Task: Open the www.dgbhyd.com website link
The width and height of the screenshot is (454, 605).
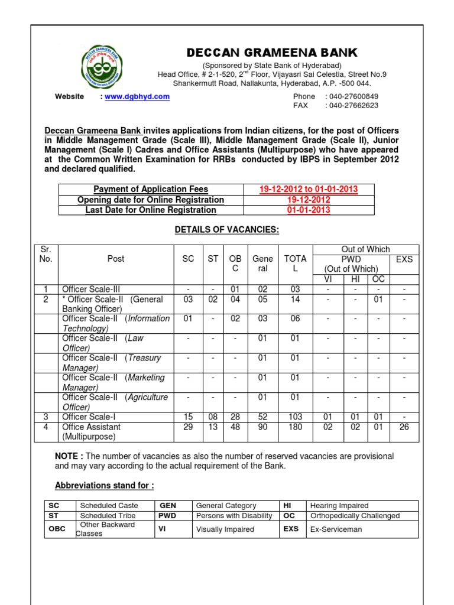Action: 137,97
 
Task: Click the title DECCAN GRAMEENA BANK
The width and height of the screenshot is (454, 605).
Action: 273,53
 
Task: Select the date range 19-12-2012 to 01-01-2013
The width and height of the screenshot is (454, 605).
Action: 309,190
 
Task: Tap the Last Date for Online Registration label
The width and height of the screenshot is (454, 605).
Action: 151,210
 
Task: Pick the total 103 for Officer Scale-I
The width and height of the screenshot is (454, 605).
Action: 296,417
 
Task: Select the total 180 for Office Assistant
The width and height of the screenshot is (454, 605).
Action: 296,427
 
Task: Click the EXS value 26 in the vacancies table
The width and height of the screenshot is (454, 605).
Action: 404,427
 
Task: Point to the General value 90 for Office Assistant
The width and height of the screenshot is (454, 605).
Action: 263,427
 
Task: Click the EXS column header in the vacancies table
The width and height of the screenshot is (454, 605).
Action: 404,259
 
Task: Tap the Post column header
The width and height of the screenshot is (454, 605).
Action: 116,259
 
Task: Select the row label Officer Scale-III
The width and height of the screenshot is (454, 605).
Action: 91,289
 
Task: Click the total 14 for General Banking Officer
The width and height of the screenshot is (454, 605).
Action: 296,300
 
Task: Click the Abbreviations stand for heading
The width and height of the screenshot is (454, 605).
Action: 104,486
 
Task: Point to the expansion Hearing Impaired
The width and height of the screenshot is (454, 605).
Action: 339,506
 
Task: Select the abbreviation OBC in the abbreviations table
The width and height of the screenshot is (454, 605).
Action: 57,529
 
